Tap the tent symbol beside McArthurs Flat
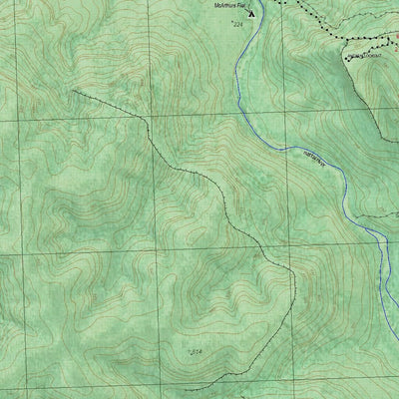tap(251, 14)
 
